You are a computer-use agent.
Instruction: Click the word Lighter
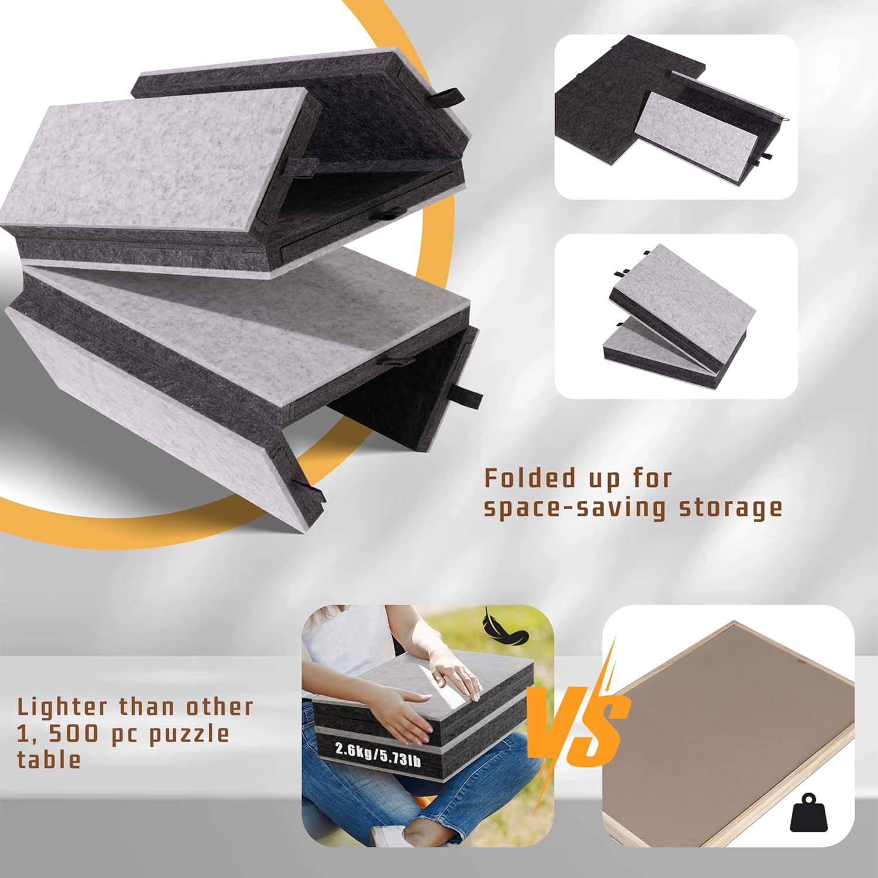[x=63, y=706]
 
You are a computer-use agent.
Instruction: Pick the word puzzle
[x=188, y=734]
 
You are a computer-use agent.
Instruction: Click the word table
[x=49, y=759]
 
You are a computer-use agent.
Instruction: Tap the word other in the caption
[x=220, y=706]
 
